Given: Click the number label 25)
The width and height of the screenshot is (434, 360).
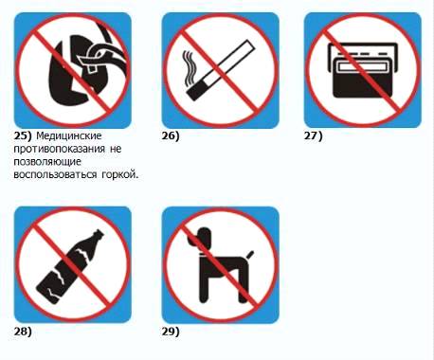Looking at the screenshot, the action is [x=23, y=136].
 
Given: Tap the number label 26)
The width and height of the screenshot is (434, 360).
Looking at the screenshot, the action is [x=171, y=136].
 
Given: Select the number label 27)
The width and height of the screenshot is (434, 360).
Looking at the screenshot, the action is [x=313, y=136].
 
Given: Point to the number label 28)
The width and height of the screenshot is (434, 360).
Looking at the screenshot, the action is [x=23, y=332].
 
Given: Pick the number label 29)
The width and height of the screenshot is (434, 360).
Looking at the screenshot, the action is [x=171, y=332].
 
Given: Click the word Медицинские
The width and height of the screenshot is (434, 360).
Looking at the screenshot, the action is [x=69, y=136].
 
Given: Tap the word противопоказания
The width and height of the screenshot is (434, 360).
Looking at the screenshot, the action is [x=59, y=149].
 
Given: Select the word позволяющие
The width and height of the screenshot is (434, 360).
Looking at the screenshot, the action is [x=47, y=162].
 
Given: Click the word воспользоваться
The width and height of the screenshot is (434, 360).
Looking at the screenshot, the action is [x=55, y=175].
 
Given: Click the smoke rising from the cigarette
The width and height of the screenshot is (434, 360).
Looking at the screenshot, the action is [x=188, y=68].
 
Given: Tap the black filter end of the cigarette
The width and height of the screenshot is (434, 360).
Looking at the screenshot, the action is [x=197, y=90].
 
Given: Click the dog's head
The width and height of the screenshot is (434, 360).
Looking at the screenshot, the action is [x=200, y=237].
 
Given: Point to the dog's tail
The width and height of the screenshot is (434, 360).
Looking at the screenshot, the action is [x=250, y=255].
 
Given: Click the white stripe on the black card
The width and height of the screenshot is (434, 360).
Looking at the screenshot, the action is [x=363, y=66].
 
